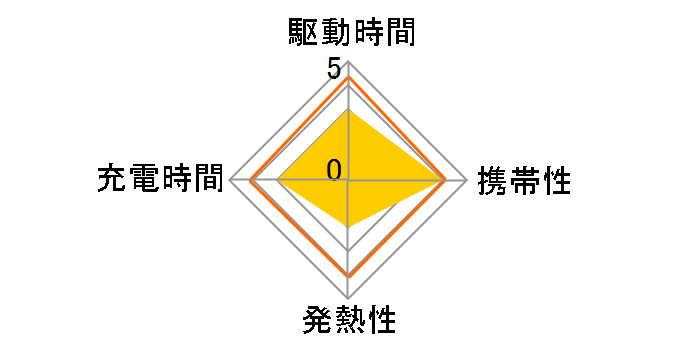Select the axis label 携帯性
(524, 181)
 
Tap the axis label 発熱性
(348, 322)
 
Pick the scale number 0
(334, 169)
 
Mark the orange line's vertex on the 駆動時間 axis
(348, 77)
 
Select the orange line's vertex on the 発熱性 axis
(348, 275)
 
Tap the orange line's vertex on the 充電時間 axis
(251, 181)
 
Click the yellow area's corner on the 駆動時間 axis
(348, 110)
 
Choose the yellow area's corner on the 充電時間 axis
(276, 181)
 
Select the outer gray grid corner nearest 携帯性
(467, 181)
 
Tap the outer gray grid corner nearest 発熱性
(348, 299)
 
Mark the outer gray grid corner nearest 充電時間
(230, 181)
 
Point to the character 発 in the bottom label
(316, 322)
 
